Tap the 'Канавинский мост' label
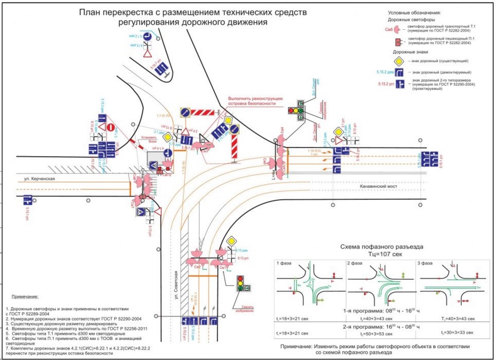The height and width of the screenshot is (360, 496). pyautogui.click(x=378, y=187)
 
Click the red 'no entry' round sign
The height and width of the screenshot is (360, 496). pyautogui.click(x=111, y=127)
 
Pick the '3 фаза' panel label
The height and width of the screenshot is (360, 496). pyautogui.click(x=426, y=263)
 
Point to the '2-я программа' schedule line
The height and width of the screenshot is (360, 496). pyautogui.click(x=379, y=326)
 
